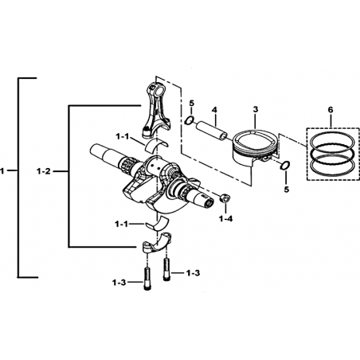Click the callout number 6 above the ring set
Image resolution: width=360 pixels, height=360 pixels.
coord(331,110)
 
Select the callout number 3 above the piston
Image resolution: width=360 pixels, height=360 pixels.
coord(256,109)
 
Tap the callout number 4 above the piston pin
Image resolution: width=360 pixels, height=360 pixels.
coord(214,109)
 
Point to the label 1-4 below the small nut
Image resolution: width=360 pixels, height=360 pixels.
coord(225,219)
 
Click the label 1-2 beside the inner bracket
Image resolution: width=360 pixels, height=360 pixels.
coord(44,171)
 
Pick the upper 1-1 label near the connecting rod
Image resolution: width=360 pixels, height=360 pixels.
coord(123,137)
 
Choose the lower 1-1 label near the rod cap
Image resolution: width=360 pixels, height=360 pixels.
coord(122,225)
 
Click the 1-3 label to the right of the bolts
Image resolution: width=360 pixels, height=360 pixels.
coord(193,273)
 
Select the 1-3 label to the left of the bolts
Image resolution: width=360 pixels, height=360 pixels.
coord(119,283)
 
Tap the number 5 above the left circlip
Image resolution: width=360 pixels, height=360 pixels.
coord(192,103)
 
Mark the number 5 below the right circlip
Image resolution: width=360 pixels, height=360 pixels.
coord(286,190)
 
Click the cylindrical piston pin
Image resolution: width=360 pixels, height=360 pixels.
coord(212,130)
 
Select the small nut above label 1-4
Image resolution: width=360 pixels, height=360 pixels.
coord(225,198)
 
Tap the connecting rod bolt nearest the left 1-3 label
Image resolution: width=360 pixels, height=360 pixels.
coord(147,279)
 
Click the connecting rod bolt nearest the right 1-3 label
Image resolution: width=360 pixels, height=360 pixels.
coord(166,270)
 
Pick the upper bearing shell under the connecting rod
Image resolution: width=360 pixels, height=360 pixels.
coord(156,144)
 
